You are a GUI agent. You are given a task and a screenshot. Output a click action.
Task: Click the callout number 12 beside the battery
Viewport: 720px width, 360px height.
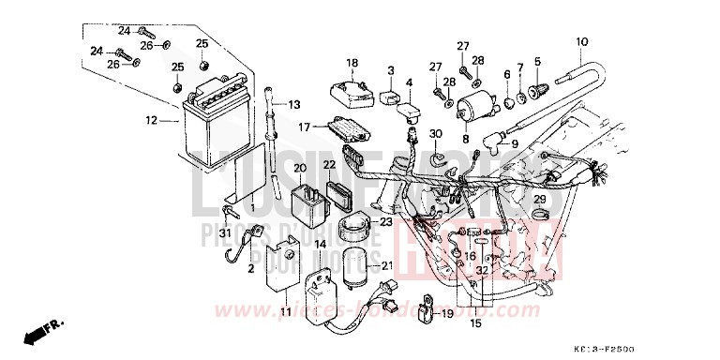pyautogui.click(x=152, y=121)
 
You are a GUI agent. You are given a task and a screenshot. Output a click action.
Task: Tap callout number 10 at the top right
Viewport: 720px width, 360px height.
pyautogui.click(x=581, y=41)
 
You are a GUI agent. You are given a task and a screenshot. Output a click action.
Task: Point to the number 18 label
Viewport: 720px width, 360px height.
pyautogui.click(x=352, y=64)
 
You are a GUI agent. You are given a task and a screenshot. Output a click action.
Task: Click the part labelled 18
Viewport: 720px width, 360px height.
pyautogui.click(x=349, y=91)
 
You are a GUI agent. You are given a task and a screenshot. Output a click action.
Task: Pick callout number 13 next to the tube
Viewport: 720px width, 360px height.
pyautogui.click(x=293, y=104)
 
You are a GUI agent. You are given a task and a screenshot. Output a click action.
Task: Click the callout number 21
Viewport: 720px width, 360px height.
pyautogui.click(x=388, y=266)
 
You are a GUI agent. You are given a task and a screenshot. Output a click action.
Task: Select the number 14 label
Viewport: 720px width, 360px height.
pyautogui.click(x=320, y=244)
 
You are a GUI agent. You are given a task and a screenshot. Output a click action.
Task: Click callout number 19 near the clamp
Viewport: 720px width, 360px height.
pyautogui.click(x=446, y=313)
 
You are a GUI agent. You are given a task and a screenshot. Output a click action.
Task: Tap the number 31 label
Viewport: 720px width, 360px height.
pyautogui.click(x=225, y=232)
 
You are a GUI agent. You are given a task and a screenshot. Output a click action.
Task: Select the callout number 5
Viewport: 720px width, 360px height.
pyautogui.click(x=537, y=63)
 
